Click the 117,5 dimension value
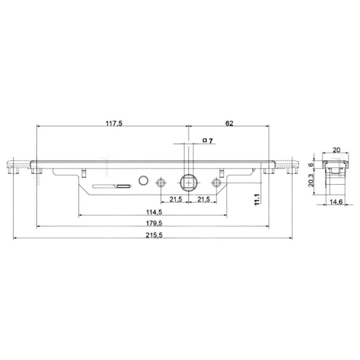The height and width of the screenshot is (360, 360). (114, 123)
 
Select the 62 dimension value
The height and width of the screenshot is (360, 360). (229, 123)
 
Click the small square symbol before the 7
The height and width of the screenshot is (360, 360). (205, 140)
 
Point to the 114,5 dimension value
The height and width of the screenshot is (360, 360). (154, 212)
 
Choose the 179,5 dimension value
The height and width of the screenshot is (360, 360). (154, 223)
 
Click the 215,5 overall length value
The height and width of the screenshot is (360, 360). (154, 235)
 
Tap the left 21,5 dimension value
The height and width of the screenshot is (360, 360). (176, 199)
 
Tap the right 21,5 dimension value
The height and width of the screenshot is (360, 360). (204, 199)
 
